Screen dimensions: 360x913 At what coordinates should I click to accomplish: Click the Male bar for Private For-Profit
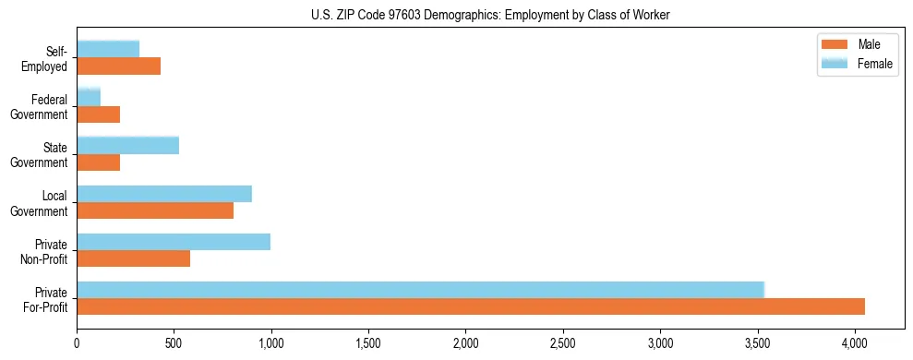(x=471, y=306)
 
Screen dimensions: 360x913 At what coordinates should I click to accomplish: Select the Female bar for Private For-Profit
(x=420, y=290)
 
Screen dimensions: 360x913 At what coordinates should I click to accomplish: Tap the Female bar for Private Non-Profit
(x=174, y=242)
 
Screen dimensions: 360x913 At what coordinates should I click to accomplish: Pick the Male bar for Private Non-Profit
(x=133, y=258)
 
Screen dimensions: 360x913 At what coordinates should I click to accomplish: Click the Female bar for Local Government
(x=164, y=194)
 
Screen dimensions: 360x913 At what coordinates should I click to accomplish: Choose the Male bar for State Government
(x=98, y=162)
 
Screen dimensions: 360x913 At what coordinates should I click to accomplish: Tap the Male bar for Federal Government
(x=98, y=114)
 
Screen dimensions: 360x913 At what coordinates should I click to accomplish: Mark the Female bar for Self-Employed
(x=108, y=49)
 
